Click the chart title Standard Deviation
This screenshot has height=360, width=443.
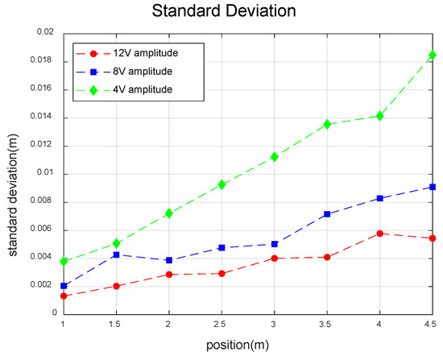[x=221, y=13]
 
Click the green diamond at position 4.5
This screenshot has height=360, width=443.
[x=433, y=56]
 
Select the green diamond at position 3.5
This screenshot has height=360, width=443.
[x=327, y=124]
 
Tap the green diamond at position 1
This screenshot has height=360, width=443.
[x=63, y=261]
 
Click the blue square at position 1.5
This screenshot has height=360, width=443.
[x=116, y=254]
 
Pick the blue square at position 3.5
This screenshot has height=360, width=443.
[x=327, y=214]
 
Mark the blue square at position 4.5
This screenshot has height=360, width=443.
[x=433, y=187]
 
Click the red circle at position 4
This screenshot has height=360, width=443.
[x=380, y=234]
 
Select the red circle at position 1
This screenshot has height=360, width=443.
[x=63, y=296]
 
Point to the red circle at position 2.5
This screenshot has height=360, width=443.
[x=221, y=274]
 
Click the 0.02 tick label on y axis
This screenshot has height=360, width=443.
[x=44, y=32]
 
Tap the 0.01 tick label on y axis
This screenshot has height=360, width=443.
[x=44, y=173]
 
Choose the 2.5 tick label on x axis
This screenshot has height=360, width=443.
[x=221, y=323]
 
